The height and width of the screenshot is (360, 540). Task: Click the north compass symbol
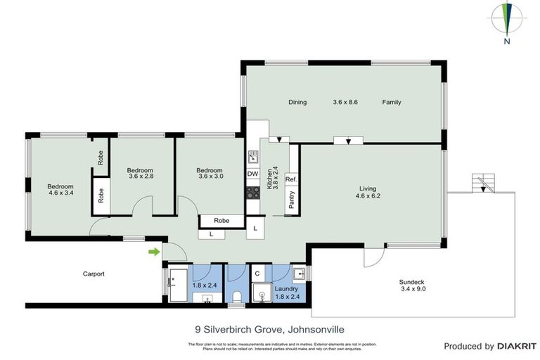coord(506,20)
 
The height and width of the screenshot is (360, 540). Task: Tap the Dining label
coord(297,102)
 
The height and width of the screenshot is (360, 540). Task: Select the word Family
coord(392,102)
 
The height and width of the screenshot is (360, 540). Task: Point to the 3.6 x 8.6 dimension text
coord(345,102)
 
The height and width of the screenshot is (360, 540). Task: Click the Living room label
coord(368,188)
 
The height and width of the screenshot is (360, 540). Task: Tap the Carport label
coord(94,274)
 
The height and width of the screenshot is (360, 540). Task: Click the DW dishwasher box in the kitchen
coord(252,174)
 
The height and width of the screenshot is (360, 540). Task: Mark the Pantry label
coord(291,200)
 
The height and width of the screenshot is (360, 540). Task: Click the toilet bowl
coord(237,296)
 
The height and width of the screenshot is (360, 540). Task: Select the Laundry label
coord(286,288)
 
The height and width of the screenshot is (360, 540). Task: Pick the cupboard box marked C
coord(257,274)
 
